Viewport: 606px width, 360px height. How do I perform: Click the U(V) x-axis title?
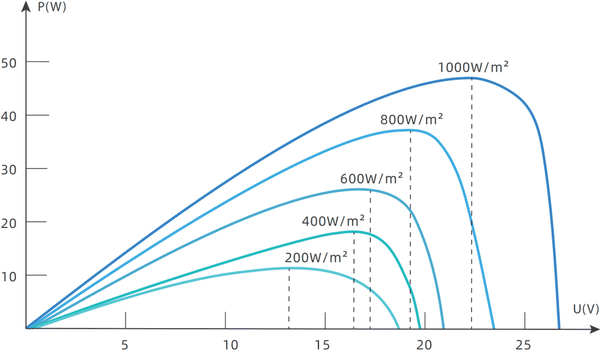(586, 308)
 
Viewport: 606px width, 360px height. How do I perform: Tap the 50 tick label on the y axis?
(11, 62)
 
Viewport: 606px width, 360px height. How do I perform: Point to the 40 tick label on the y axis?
(11, 115)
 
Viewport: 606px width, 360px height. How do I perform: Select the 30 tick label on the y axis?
(11, 169)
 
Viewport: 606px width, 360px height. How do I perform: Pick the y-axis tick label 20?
(11, 222)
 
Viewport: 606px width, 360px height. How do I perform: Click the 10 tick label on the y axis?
(11, 275)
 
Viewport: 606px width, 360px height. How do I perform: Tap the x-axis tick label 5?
(125, 345)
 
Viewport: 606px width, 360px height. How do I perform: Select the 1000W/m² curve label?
(473, 67)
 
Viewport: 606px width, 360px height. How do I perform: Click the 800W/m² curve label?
(412, 120)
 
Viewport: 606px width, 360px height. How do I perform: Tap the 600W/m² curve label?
(372, 178)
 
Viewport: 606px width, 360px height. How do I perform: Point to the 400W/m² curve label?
(333, 222)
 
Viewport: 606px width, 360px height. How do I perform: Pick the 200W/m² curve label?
(316, 258)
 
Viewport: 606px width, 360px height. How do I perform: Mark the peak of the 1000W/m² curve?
(472, 78)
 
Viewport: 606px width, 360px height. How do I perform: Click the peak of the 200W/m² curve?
(289, 268)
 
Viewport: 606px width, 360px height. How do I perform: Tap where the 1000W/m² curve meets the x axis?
(559, 327)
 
